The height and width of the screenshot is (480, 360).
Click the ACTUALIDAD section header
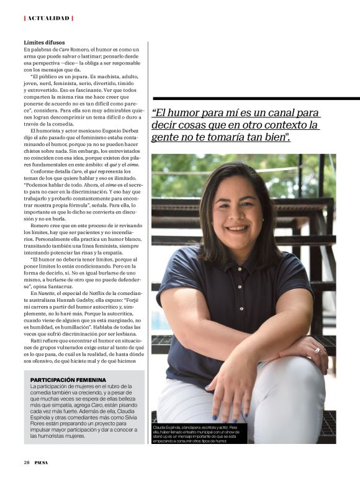(x=48, y=18)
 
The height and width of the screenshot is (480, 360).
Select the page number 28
(x=27, y=462)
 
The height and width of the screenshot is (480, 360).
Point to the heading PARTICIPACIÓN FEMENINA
(x=68, y=379)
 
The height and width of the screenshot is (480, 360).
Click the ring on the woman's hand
(x=317, y=350)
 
